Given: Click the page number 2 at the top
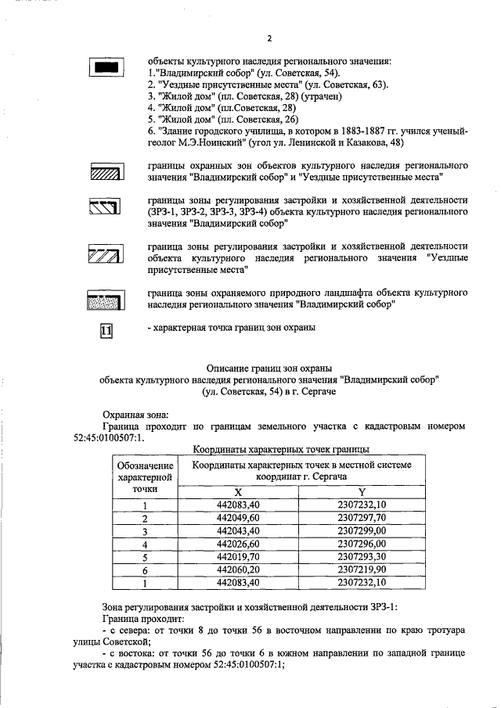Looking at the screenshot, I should point(269,38).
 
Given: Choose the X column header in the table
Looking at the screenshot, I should point(239,491).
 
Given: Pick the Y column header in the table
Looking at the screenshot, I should point(362,491).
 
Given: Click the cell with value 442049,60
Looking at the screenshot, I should point(239,518).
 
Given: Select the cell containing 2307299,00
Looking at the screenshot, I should point(362,530).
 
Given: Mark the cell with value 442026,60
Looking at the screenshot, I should point(239,544).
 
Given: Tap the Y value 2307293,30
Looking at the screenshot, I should point(362,557).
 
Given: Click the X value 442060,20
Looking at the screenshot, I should point(239,570).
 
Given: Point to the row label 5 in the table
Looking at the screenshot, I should point(145,557).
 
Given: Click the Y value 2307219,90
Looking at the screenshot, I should point(362,570).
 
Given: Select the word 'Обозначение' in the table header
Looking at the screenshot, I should point(145,466).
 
